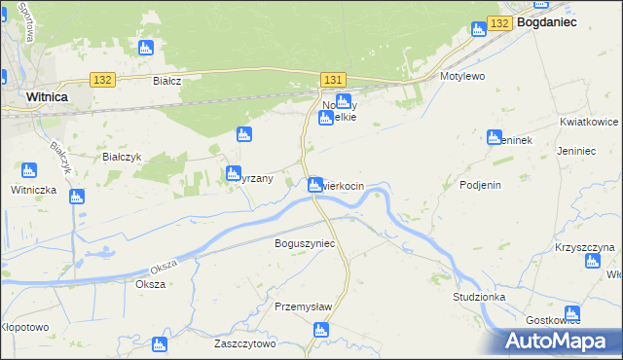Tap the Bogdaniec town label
(x=547, y=20)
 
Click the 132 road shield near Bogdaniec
(x=499, y=22)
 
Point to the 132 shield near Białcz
(x=102, y=79)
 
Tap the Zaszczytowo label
(x=245, y=343)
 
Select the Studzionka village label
(x=479, y=296)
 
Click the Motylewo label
(x=462, y=75)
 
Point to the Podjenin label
(x=480, y=185)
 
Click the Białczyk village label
(x=124, y=156)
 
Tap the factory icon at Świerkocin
(x=315, y=185)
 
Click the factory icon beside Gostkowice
(x=572, y=313)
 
